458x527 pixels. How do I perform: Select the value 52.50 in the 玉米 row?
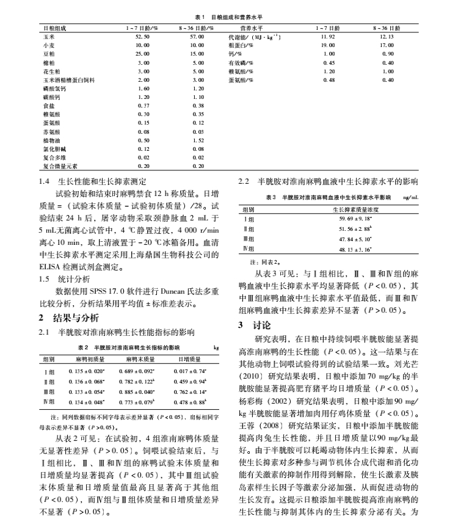point(142,36)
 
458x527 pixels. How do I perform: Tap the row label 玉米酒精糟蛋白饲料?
point(67,79)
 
